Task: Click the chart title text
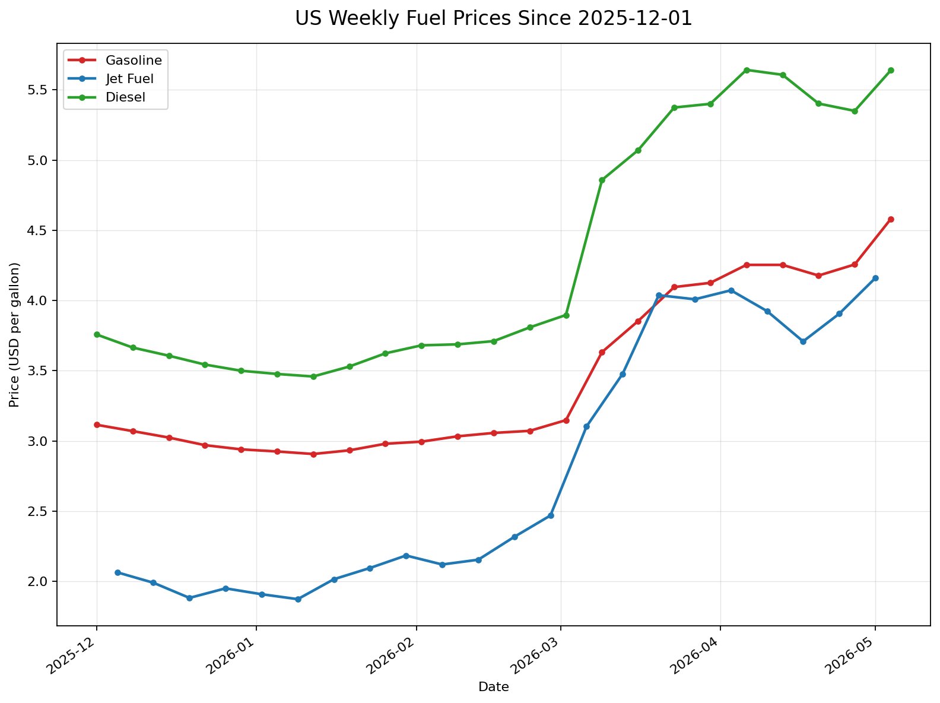[x=493, y=18]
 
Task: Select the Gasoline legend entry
[x=115, y=61]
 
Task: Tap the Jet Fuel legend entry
[x=110, y=79]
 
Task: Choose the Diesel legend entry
[x=107, y=97]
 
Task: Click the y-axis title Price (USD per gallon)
[x=14, y=335]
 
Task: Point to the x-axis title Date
[x=493, y=687]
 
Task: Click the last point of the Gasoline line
[x=891, y=219]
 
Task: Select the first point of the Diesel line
[x=97, y=335]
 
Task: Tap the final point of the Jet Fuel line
[x=875, y=278]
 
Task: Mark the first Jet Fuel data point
[x=117, y=573]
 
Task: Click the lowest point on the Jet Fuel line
[x=298, y=599]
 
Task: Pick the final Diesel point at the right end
[x=891, y=70]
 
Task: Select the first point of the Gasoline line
[x=97, y=425]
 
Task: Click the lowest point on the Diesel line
[x=313, y=376]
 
